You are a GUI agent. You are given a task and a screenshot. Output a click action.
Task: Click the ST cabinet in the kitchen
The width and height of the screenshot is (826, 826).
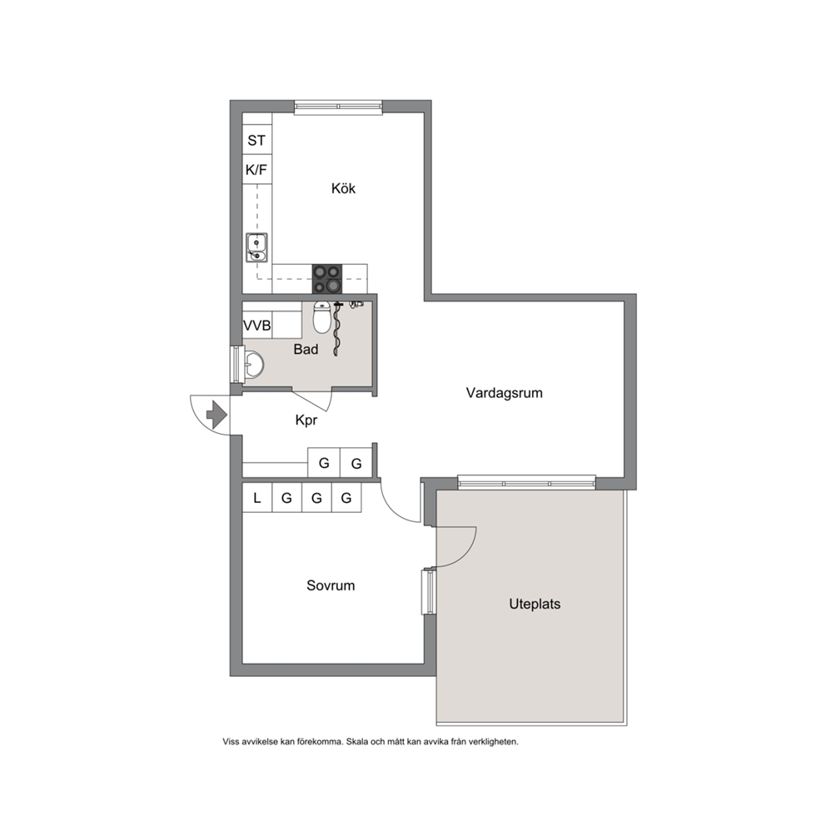[257, 140]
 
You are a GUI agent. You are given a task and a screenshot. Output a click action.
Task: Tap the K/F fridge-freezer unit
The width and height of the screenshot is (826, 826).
[257, 170]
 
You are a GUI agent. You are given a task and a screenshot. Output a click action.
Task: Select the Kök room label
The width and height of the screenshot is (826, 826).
[343, 188]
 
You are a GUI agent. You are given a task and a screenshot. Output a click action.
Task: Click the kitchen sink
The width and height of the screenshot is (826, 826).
[256, 247]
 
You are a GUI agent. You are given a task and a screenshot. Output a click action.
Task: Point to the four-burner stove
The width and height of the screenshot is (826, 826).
[326, 279]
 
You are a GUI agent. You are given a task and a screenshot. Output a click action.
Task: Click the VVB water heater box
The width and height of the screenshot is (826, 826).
[257, 326]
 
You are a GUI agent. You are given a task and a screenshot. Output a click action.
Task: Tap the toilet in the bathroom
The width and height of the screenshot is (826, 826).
[322, 317]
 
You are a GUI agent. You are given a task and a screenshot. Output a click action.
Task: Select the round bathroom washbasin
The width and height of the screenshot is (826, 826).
[254, 364]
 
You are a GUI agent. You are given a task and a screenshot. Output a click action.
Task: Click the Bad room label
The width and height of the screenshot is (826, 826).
[306, 349]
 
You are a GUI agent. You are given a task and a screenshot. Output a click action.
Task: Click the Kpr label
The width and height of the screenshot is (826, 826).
[306, 420]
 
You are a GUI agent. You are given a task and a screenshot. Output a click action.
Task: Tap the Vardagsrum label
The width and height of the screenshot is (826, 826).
[504, 393]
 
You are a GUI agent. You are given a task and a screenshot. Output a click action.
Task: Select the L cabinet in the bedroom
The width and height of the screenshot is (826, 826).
[257, 497]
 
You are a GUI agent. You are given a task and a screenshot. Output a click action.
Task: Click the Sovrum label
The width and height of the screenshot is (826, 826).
[331, 586]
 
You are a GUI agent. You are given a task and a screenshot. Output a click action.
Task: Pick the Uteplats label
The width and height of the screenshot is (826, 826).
[535, 605]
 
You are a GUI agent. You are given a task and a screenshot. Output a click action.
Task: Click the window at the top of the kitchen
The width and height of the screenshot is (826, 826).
[338, 107]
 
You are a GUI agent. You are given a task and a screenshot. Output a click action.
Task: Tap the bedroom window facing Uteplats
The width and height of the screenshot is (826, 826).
[429, 591]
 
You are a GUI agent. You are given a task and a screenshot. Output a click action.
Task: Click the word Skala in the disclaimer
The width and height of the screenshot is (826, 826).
[359, 742]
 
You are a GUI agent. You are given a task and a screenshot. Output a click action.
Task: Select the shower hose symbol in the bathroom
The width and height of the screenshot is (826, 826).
[336, 329]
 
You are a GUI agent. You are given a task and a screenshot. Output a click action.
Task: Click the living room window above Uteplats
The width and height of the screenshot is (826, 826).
[527, 483]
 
